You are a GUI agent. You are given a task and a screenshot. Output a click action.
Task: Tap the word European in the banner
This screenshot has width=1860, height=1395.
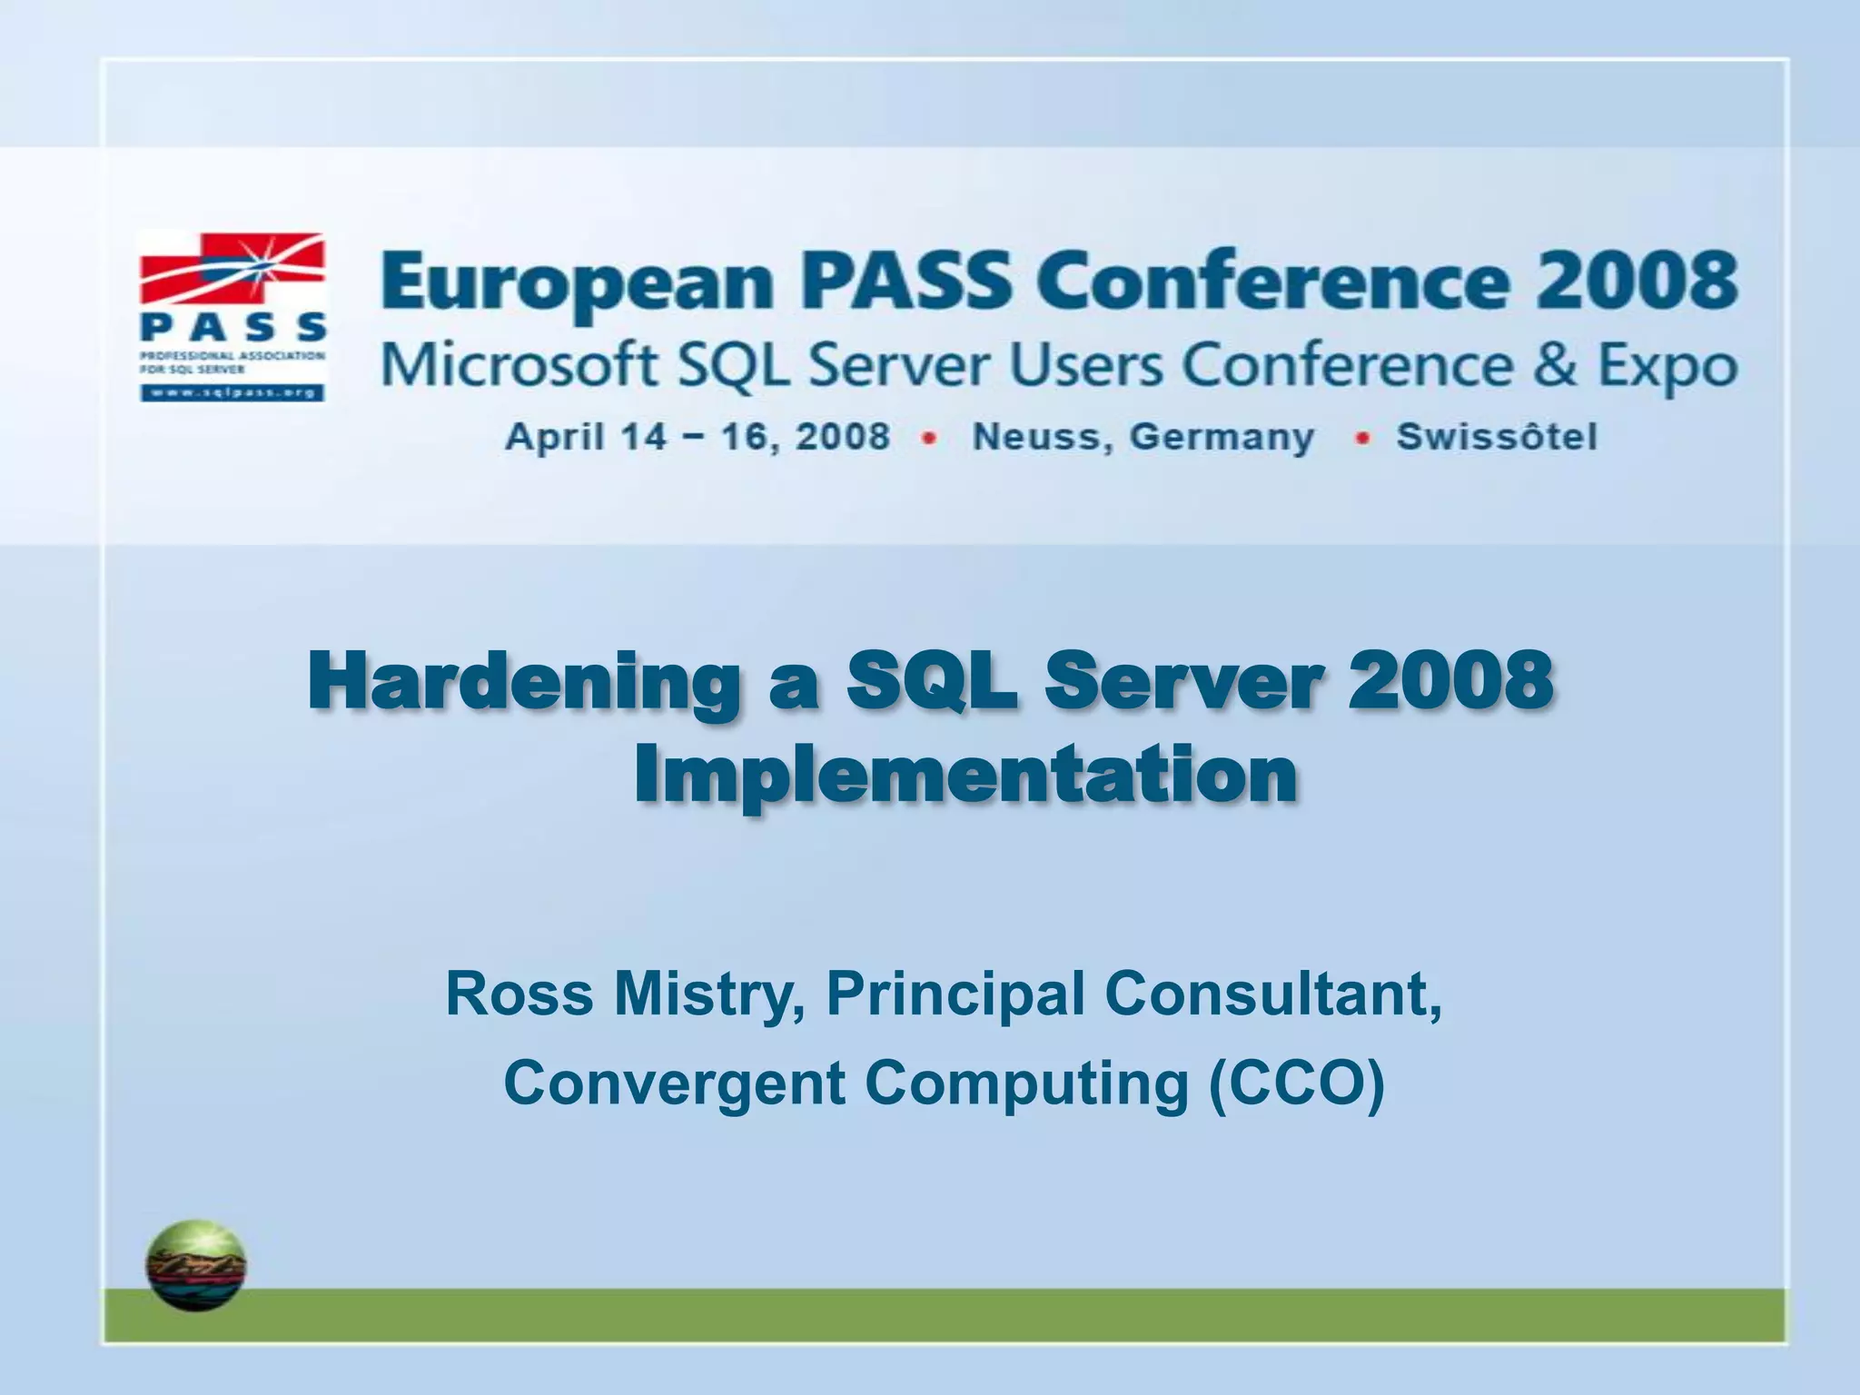[578, 282]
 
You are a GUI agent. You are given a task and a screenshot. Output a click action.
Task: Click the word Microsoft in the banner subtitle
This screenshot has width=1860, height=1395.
[519, 365]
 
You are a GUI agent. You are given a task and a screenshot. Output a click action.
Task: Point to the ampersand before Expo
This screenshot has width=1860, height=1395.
[1555, 365]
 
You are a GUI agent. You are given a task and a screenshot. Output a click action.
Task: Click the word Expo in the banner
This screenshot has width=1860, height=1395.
[1667, 367]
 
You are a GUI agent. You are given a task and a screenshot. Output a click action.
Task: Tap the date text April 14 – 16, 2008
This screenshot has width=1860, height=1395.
[697, 437]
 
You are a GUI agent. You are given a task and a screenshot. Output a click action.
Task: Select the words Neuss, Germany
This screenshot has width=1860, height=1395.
[1143, 438]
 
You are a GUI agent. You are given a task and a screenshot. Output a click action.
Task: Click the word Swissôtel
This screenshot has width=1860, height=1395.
[1496, 437]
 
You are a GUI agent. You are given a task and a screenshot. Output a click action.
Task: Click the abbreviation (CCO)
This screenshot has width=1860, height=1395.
[1297, 1083]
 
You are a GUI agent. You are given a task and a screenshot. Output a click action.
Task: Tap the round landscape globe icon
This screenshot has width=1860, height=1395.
[196, 1265]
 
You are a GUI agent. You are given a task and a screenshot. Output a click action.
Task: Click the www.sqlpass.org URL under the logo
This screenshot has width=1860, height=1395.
[232, 393]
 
